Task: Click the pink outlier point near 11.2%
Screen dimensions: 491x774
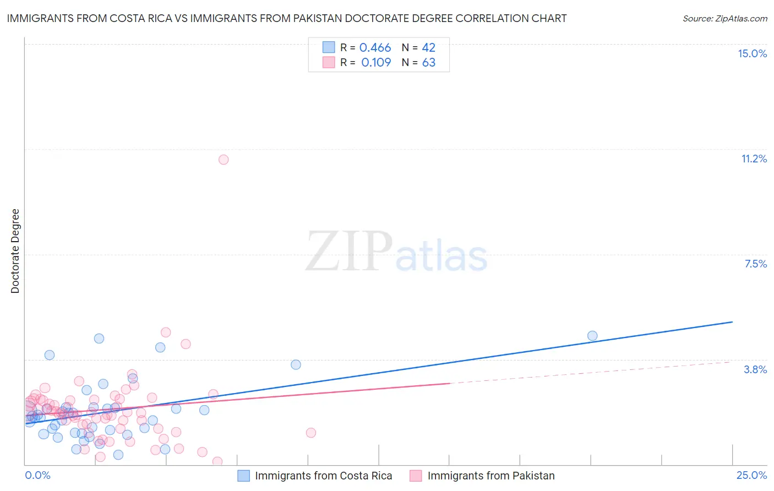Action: (224, 160)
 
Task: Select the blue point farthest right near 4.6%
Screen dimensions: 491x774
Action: (592, 336)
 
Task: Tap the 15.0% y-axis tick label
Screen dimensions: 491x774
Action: (752, 53)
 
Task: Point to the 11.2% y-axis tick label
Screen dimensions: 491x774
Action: (754, 159)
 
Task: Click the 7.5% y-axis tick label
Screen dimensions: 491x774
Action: (755, 264)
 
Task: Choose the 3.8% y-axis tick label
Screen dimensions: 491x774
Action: (755, 369)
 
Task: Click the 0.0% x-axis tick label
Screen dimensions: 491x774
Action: (37, 475)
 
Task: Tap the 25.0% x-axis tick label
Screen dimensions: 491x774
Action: (751, 475)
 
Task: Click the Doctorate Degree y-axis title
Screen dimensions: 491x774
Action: (15, 251)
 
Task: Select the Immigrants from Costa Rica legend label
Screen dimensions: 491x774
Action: (323, 476)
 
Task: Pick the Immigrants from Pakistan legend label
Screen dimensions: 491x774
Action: (490, 476)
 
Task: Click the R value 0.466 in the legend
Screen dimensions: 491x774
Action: (375, 48)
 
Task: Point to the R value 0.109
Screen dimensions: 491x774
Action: (376, 63)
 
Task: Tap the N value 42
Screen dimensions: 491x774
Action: (428, 48)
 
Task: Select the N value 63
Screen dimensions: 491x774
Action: (428, 63)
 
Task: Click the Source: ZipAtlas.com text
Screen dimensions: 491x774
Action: (724, 19)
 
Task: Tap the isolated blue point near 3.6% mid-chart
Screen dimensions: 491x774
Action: (296, 364)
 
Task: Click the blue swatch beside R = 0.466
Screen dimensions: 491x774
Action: (329, 47)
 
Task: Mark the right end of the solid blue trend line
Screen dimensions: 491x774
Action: (732, 321)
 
